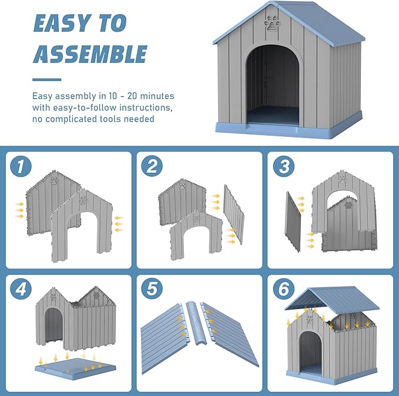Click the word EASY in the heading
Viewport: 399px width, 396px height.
coord(63,23)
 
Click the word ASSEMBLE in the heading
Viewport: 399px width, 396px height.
coord(90,54)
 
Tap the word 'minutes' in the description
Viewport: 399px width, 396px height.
coord(157,96)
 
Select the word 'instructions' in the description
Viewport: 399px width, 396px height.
coord(146,108)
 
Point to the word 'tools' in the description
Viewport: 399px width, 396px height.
coord(110,119)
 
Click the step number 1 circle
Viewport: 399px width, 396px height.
coord(21,166)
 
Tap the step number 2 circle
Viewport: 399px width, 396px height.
coord(152,166)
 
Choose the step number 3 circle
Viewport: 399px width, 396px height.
coord(284,166)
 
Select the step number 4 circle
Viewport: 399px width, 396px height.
coord(21,288)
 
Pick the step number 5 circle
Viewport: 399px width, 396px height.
coord(152,288)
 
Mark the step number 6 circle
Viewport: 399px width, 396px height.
coord(284,288)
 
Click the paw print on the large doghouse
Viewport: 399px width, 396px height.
coord(272,24)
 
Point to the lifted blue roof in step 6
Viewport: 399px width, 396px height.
coord(332,300)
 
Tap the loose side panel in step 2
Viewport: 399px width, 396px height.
coord(234,214)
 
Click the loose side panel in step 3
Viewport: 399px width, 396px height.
coord(293,222)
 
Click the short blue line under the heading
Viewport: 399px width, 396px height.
coord(47,80)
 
